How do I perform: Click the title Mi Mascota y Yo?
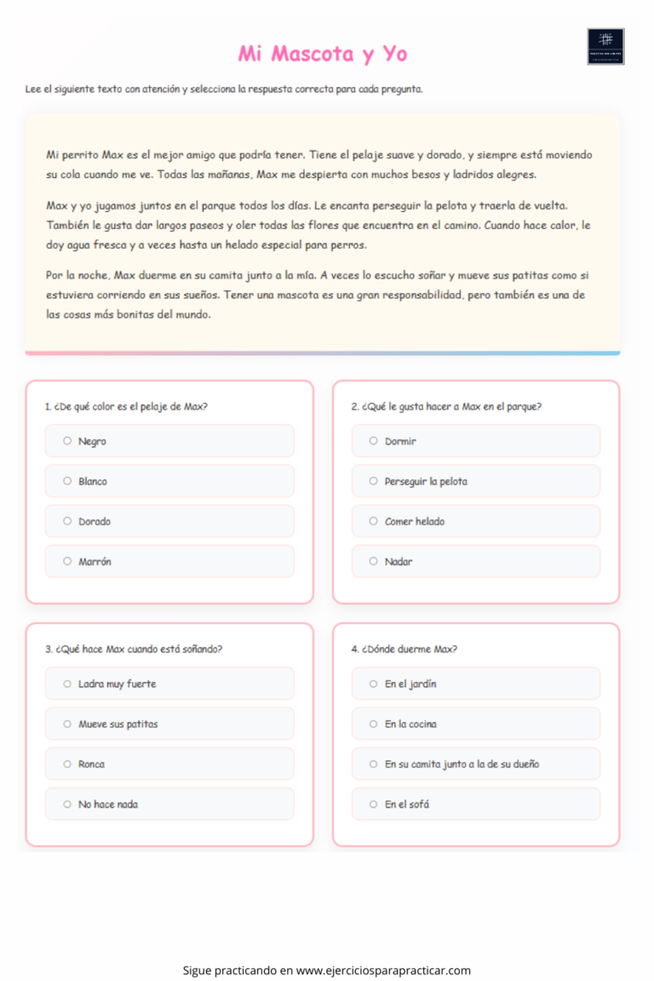[x=323, y=54]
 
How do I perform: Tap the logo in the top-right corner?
[x=605, y=47]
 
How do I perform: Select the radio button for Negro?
[x=67, y=441]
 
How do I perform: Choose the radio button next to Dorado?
[x=67, y=521]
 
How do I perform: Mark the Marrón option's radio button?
[x=67, y=561]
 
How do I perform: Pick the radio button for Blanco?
[x=67, y=481]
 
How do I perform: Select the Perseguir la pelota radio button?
[x=373, y=481]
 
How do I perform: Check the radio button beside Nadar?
[x=373, y=561]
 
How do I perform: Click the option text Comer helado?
[x=415, y=521]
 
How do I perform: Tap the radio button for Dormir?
[x=373, y=441]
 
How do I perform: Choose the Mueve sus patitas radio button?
[x=67, y=724]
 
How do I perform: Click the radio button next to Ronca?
[x=67, y=764]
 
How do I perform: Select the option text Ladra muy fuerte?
[x=118, y=684]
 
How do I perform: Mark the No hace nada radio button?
[x=67, y=804]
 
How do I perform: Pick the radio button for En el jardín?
[x=373, y=684]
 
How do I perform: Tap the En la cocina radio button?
[x=373, y=724]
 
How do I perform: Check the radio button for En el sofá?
[x=373, y=804]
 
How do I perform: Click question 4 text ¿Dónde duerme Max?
[x=404, y=649]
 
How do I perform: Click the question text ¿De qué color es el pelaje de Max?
[x=126, y=406]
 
